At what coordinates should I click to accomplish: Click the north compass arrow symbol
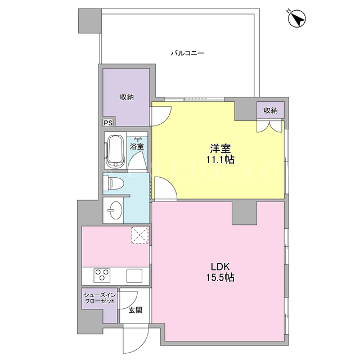[297, 18]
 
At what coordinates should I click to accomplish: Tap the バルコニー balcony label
[187, 53]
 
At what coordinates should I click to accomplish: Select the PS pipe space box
[108, 123]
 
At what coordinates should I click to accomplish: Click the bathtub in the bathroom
[115, 151]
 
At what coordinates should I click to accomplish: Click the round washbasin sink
[115, 210]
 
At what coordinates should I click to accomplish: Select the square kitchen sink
[134, 275]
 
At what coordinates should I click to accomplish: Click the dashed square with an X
[140, 235]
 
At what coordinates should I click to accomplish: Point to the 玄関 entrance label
[136, 310]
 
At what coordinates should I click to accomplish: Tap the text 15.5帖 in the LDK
[220, 278]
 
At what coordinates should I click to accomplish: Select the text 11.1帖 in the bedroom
[220, 160]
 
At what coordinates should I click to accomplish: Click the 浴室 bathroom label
[137, 146]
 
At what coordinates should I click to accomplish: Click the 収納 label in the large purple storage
[127, 97]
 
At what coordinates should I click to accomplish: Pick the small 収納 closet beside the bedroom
[271, 110]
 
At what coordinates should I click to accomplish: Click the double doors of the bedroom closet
[269, 126]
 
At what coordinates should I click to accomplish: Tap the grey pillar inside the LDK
[244, 213]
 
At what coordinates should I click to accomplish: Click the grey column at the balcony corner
[90, 21]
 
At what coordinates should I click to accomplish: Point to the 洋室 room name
[220, 148]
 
